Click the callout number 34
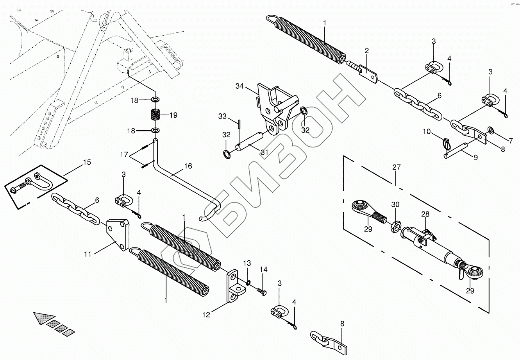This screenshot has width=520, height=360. pyautogui.click(x=239, y=86)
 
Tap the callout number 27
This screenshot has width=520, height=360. pyautogui.click(x=397, y=167)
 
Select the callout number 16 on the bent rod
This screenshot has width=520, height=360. pyautogui.click(x=188, y=166)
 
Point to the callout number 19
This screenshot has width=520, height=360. pyautogui.click(x=173, y=115)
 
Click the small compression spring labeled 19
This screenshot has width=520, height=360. pyautogui.click(x=156, y=115)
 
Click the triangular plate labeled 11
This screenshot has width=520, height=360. pyautogui.click(x=118, y=234)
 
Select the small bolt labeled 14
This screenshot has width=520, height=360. pyautogui.click(x=261, y=292)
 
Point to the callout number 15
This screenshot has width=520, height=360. pyautogui.click(x=87, y=162)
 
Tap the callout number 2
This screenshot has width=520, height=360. pyautogui.click(x=366, y=51)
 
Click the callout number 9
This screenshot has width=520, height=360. pyautogui.click(x=476, y=158)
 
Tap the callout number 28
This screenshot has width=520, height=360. pyautogui.click(x=425, y=214)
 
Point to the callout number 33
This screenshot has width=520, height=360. pyautogui.click(x=222, y=116)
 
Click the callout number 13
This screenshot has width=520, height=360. pyautogui.click(x=247, y=263)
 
